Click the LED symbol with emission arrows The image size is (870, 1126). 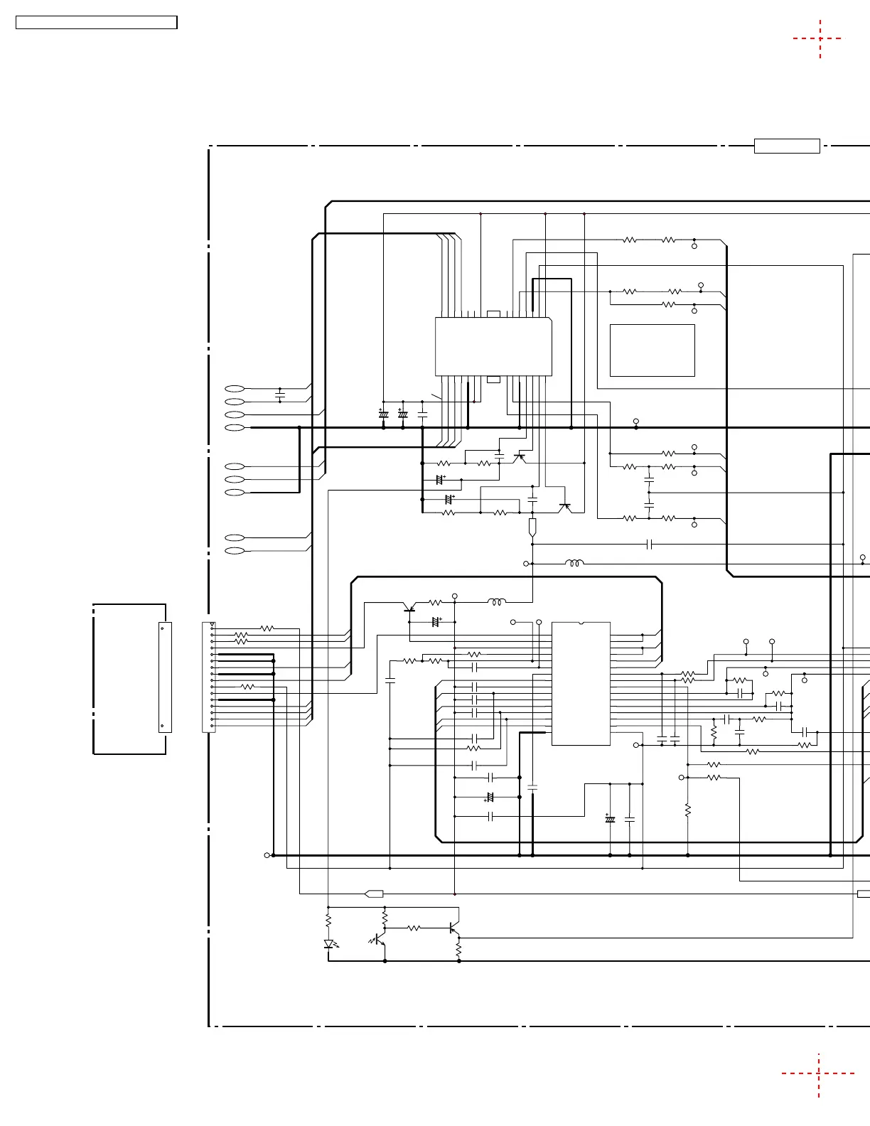pyautogui.click(x=329, y=944)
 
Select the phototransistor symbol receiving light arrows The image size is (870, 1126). pyautogui.click(x=381, y=941)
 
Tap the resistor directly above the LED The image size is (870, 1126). pyautogui.click(x=328, y=921)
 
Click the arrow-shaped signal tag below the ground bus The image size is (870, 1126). pyautogui.click(x=374, y=894)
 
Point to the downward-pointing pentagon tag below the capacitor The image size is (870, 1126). pyautogui.click(x=532, y=527)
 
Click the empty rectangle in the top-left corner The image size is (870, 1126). pyautogui.click(x=97, y=23)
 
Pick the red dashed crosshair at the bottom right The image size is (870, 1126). pyautogui.click(x=819, y=1073)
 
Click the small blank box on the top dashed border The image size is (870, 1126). pyautogui.click(x=787, y=146)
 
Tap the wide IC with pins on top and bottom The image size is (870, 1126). pyautogui.click(x=493, y=347)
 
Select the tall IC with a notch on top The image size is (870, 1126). pyautogui.click(x=581, y=684)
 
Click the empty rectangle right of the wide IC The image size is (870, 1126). pyautogui.click(x=652, y=350)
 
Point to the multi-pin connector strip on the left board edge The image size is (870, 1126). pyautogui.click(x=209, y=677)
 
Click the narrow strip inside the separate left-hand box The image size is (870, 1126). pyautogui.click(x=165, y=677)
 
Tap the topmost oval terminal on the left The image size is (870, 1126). pyautogui.click(x=235, y=389)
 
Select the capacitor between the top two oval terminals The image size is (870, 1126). pyautogui.click(x=280, y=394)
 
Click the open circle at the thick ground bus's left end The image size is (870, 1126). pyautogui.click(x=267, y=855)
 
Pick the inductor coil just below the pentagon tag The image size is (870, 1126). pyautogui.click(x=575, y=564)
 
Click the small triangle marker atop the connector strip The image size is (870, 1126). pyautogui.click(x=213, y=625)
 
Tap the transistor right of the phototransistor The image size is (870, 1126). pyautogui.click(x=454, y=929)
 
